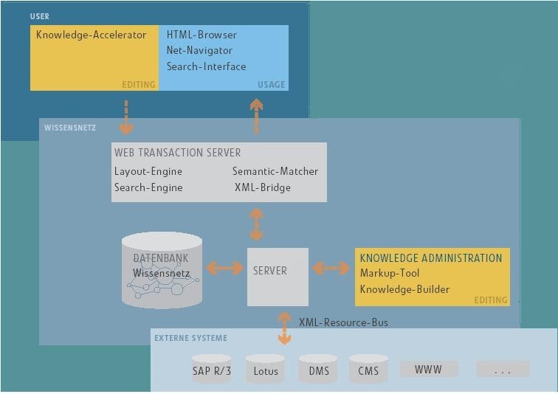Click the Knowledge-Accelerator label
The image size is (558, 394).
pos(92,35)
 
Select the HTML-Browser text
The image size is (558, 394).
pos(201,35)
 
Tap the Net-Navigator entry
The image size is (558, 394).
pos(199,50)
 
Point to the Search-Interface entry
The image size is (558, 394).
pos(206,66)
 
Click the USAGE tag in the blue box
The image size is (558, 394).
pos(271,84)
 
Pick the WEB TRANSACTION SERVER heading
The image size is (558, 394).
pos(177,153)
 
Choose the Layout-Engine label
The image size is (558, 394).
pos(148,171)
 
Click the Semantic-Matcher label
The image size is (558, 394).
pos(275,171)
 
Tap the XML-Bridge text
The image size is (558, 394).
pos(263,187)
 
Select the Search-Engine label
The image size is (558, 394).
pos(148,187)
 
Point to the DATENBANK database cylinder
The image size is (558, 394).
pos(162,270)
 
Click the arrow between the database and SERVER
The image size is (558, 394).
pos(224,268)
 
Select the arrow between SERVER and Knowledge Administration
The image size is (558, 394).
pos(331,268)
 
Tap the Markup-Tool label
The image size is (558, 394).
pos(390,273)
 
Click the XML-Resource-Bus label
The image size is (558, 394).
pos(343,322)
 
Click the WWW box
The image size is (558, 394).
pos(429,369)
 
